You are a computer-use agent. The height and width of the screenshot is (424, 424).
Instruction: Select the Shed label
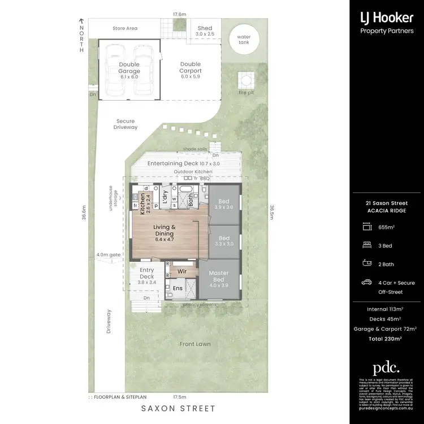coord(204,31)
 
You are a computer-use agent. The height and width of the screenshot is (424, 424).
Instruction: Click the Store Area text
coord(125,27)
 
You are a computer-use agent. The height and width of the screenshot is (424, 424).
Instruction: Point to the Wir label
coord(182,271)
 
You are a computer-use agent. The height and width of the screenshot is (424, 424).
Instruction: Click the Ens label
coord(177,288)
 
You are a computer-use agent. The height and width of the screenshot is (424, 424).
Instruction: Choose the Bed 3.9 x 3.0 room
coord(224,204)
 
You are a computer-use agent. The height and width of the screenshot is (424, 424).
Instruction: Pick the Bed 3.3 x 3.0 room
coord(224,241)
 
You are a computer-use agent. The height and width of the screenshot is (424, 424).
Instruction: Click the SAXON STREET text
coord(178,408)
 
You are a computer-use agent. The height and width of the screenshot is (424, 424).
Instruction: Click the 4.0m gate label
coord(109,255)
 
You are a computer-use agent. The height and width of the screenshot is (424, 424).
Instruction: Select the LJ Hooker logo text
coord(387,18)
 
